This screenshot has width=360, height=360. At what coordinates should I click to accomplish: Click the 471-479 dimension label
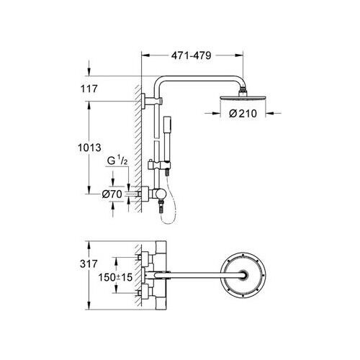click(x=191, y=54)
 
